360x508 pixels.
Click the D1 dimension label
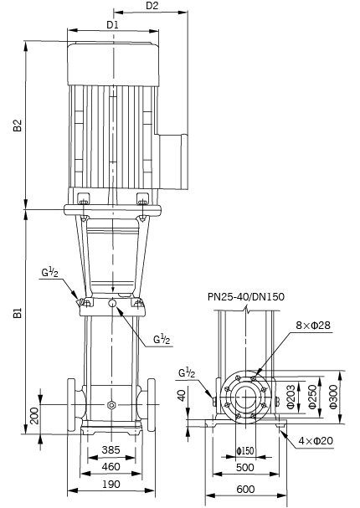[112, 25]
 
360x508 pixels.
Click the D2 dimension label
[152, 6]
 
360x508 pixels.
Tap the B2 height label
[18, 126]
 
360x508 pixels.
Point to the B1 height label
[18, 313]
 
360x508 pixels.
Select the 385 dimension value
[111, 449]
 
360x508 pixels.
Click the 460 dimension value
[111, 466]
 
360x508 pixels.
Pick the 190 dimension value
[111, 485]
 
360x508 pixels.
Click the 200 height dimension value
[34, 416]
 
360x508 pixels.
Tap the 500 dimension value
[245, 468]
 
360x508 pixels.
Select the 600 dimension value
[245, 489]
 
